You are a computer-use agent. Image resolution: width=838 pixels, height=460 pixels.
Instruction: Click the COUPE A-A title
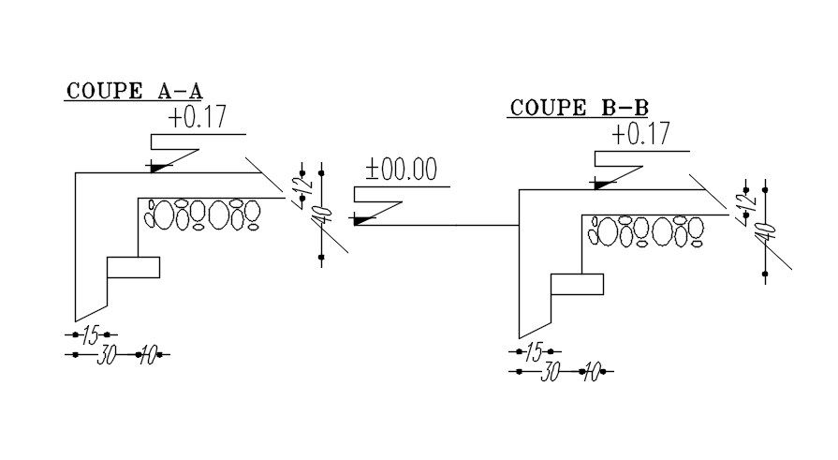(134, 91)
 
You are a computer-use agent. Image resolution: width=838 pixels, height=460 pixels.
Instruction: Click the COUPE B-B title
(578, 108)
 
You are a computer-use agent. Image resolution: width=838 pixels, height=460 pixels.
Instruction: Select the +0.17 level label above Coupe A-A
(198, 118)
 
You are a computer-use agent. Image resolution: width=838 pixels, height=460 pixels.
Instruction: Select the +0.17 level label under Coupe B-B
(641, 134)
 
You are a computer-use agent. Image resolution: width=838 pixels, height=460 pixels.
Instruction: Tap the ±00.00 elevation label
(402, 170)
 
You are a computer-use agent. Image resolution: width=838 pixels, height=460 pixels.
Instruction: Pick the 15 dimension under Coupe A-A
(90, 334)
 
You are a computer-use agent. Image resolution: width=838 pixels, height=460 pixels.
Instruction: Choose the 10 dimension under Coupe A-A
(148, 355)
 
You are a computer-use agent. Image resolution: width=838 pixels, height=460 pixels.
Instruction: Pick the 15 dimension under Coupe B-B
(534, 352)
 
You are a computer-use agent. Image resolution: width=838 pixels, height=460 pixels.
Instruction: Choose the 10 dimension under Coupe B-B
(591, 373)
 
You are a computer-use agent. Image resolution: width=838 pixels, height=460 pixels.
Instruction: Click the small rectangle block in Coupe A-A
(133, 267)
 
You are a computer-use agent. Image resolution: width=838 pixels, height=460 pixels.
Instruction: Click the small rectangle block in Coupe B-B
(576, 284)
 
